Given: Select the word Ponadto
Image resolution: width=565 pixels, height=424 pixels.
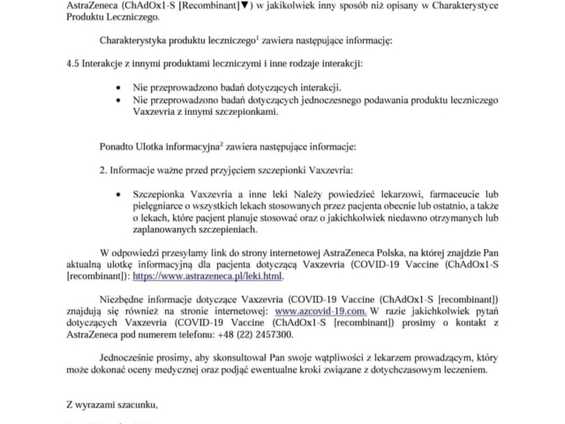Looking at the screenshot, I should [119, 144].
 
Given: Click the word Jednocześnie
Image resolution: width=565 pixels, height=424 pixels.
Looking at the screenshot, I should [130, 362].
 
